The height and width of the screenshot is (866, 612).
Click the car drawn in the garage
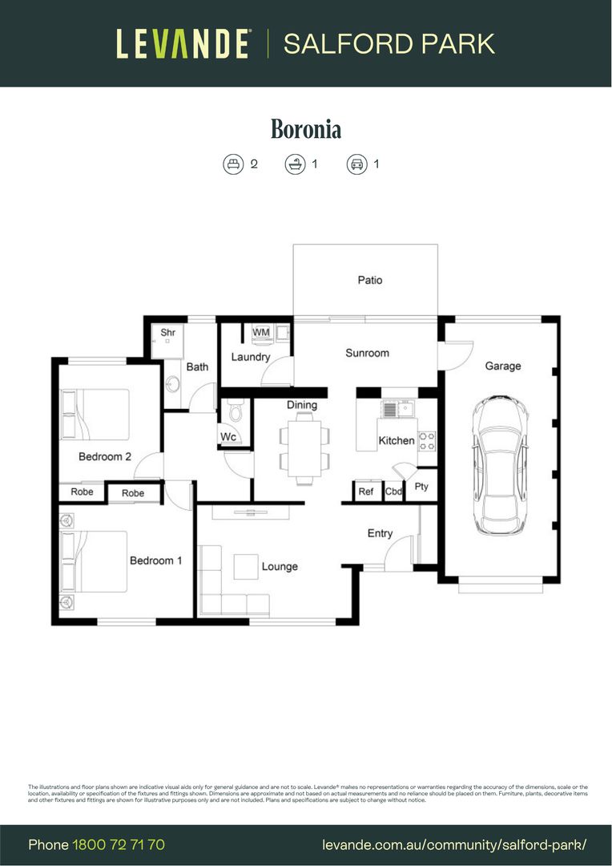pyautogui.click(x=499, y=465)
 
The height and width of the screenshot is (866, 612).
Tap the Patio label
pyautogui.click(x=370, y=280)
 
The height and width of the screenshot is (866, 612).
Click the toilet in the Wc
pyautogui.click(x=235, y=413)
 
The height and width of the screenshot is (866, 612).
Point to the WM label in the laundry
pyautogui.click(x=261, y=332)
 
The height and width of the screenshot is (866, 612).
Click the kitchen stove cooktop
pyautogui.click(x=427, y=439)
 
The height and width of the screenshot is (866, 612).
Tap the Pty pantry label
pyautogui.click(x=421, y=487)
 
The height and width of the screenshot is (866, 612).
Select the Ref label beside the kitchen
pyautogui.click(x=366, y=492)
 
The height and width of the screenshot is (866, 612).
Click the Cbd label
pyautogui.click(x=393, y=492)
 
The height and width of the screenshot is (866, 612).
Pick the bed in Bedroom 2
pyautogui.click(x=95, y=414)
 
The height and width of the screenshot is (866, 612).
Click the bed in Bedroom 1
pyautogui.click(x=95, y=561)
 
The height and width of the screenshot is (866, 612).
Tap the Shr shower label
pyautogui.click(x=168, y=332)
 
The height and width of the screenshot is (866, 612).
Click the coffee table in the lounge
pyautogui.click(x=246, y=566)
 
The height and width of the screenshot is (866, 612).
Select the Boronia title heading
pyautogui.click(x=306, y=129)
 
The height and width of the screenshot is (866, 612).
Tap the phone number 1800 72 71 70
pyautogui.click(x=119, y=844)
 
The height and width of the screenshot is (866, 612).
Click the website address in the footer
pyautogui.click(x=454, y=844)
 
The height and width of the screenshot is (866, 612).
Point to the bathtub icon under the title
pyautogui.click(x=295, y=164)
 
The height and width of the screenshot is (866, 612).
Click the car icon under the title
pyautogui.click(x=356, y=164)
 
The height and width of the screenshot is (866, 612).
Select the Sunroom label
pyautogui.click(x=367, y=353)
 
